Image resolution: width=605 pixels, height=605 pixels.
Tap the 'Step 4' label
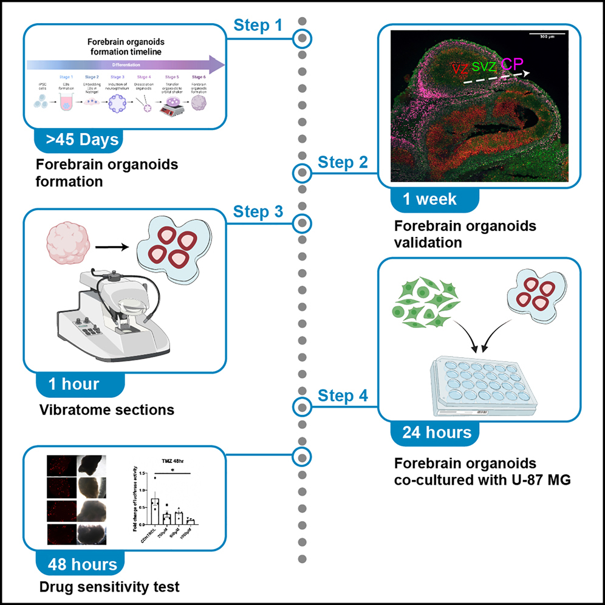click(x=343, y=397)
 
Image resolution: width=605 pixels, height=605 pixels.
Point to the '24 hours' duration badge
click(x=437, y=432)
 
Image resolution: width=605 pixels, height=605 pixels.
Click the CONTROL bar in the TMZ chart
click(x=155, y=511)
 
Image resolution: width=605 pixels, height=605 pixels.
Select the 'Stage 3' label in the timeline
click(x=118, y=77)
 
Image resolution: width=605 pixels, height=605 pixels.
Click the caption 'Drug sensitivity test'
click(x=109, y=587)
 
